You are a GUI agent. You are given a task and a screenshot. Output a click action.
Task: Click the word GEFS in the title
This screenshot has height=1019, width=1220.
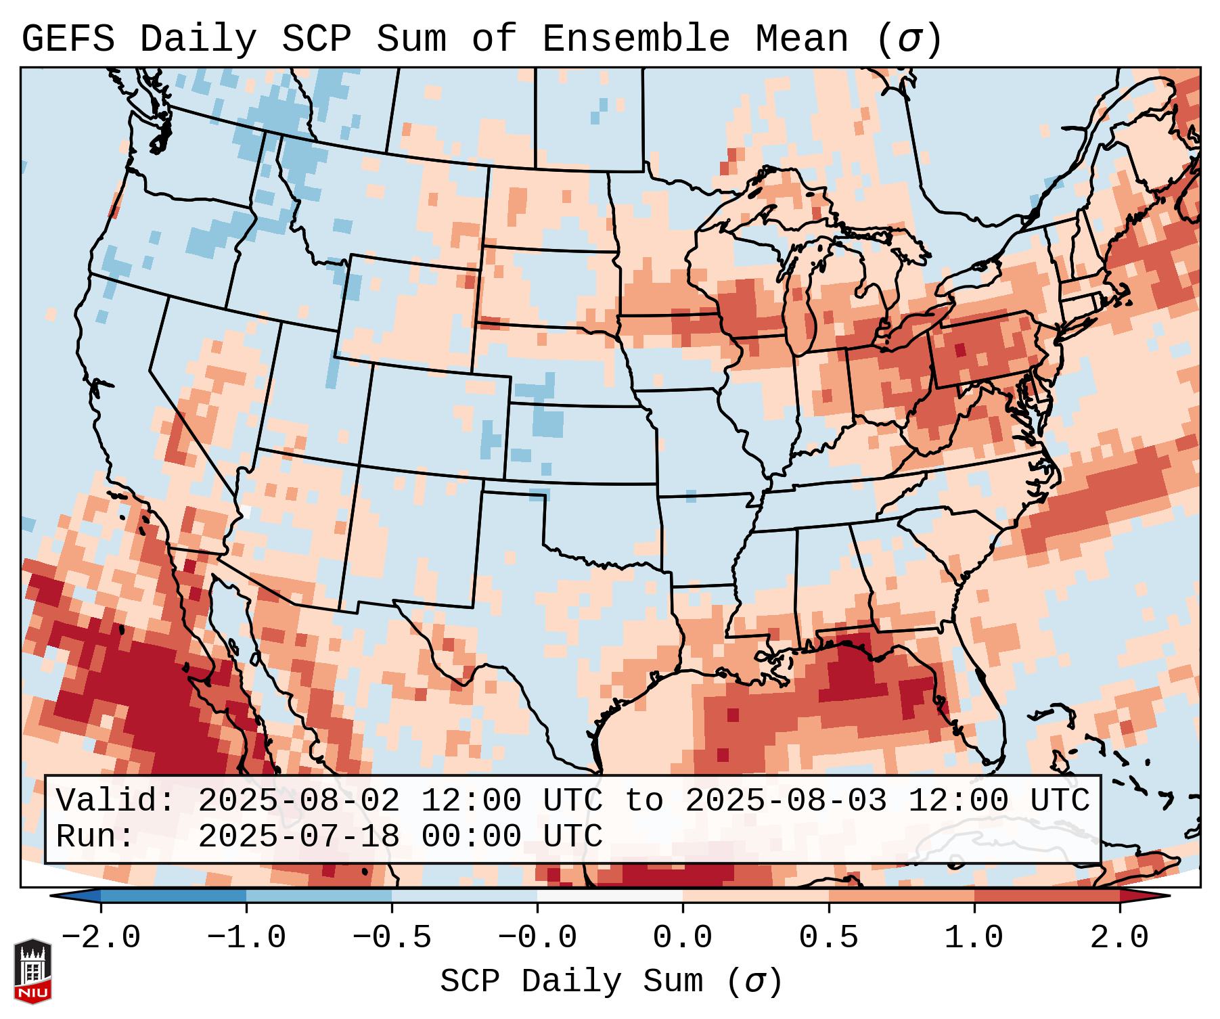coord(68,39)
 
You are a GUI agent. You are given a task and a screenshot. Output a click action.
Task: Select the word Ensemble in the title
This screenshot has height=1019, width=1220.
coord(635,39)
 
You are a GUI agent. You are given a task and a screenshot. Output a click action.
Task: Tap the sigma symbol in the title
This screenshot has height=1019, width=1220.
coord(909,40)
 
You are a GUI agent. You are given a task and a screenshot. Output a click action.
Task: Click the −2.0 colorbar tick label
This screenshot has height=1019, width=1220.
coord(101,938)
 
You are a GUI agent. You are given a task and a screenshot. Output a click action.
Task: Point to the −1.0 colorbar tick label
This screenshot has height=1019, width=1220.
coord(246,938)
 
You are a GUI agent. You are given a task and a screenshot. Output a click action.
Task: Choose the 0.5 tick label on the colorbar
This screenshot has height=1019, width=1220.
coord(828,938)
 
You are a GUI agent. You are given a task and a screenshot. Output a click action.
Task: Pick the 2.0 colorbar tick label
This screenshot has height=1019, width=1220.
coord(1119,938)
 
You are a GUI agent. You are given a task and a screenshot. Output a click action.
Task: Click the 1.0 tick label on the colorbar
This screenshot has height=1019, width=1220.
coord(974,938)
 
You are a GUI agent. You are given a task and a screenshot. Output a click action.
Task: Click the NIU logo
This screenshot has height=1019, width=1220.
coord(32,971)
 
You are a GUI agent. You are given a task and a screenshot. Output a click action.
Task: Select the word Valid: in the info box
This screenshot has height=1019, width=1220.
coord(116,800)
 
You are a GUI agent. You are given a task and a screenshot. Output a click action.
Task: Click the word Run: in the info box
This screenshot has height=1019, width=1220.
coord(95,836)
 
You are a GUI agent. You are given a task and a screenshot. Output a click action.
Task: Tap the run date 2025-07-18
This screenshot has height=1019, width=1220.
coord(298,836)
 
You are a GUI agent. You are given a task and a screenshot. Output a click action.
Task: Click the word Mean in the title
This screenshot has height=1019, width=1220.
coord(801,39)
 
